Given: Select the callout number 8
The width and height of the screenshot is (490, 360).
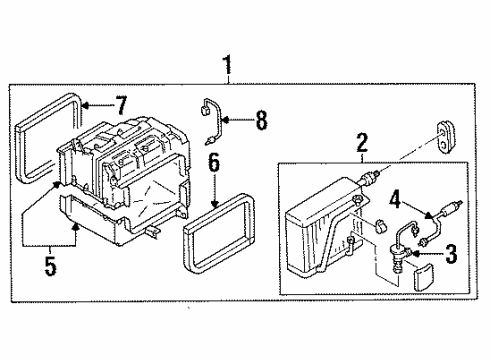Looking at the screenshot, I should [x=262, y=122].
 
